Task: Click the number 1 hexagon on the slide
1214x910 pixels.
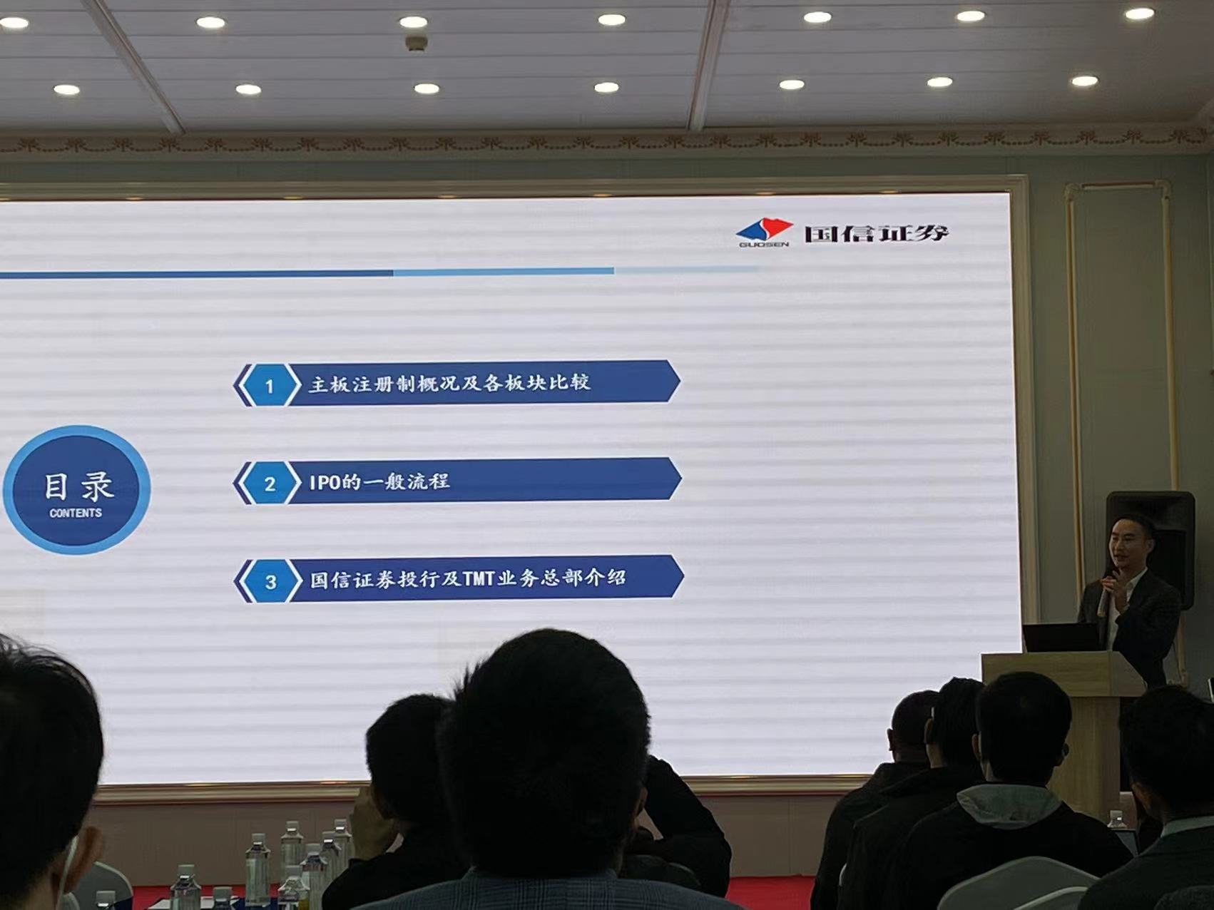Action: point(269,386)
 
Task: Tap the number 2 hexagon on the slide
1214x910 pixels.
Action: point(270,484)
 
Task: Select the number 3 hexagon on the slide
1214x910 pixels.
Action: point(270,581)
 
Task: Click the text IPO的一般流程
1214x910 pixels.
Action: point(379,482)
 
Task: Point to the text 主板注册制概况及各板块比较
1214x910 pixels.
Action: point(449,383)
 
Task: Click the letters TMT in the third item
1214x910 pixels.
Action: point(479,578)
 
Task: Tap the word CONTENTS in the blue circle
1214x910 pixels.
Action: point(76,513)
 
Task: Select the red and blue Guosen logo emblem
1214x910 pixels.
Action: point(765,229)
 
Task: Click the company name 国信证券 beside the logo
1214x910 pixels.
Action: point(877,233)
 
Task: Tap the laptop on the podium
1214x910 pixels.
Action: point(1062,638)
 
